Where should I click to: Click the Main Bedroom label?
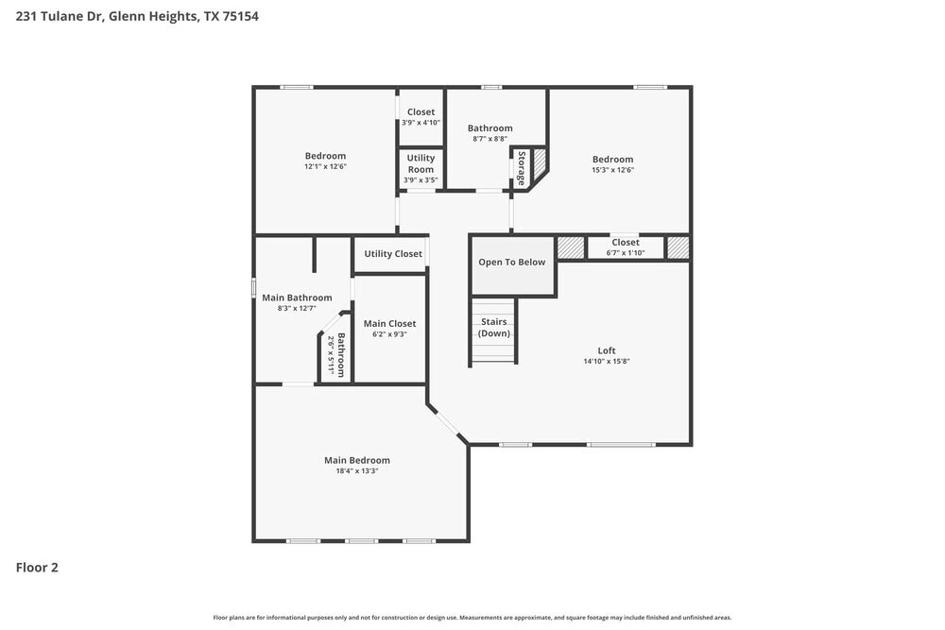click(x=357, y=460)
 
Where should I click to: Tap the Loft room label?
click(x=607, y=350)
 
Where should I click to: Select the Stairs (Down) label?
click(x=493, y=328)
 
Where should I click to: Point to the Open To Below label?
click(x=511, y=262)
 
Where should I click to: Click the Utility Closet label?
click(x=393, y=253)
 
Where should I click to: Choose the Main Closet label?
click(x=389, y=323)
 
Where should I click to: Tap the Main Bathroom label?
click(x=297, y=298)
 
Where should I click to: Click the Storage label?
click(x=522, y=168)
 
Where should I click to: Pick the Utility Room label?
click(x=421, y=163)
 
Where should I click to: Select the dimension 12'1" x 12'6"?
click(x=325, y=166)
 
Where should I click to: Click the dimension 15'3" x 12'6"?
click(x=612, y=170)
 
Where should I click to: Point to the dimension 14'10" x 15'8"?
click(x=607, y=362)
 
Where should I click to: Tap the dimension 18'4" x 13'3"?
click(x=357, y=471)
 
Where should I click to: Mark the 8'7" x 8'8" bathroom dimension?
click(x=490, y=139)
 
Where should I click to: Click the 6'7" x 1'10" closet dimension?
click(x=625, y=253)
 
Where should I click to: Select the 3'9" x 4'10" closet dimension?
click(x=421, y=123)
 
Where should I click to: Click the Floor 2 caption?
click(x=37, y=568)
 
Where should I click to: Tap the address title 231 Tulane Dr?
click(x=60, y=16)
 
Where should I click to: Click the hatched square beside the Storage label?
click(x=539, y=162)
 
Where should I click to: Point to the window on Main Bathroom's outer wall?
click(x=253, y=287)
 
